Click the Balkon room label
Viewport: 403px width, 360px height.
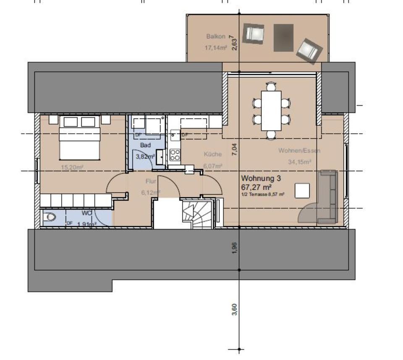click(x=216, y=37)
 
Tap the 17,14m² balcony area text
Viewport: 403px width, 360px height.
click(x=216, y=48)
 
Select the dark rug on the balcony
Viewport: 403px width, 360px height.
click(x=284, y=38)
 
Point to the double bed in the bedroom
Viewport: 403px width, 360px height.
click(x=80, y=138)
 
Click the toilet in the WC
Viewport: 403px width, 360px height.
click(x=50, y=217)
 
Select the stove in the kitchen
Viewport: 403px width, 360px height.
click(x=175, y=155)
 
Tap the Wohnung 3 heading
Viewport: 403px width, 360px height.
click(x=261, y=178)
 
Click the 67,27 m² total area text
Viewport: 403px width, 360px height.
click(x=256, y=187)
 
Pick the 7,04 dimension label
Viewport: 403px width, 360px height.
click(x=235, y=150)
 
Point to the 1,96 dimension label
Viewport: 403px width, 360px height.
click(x=235, y=248)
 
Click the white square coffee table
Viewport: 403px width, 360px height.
click(x=302, y=190)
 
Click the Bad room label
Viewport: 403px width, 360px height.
click(x=145, y=145)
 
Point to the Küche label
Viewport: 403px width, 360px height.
click(x=212, y=154)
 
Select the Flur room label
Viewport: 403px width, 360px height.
click(x=151, y=182)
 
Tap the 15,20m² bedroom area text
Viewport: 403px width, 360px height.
click(x=72, y=167)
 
